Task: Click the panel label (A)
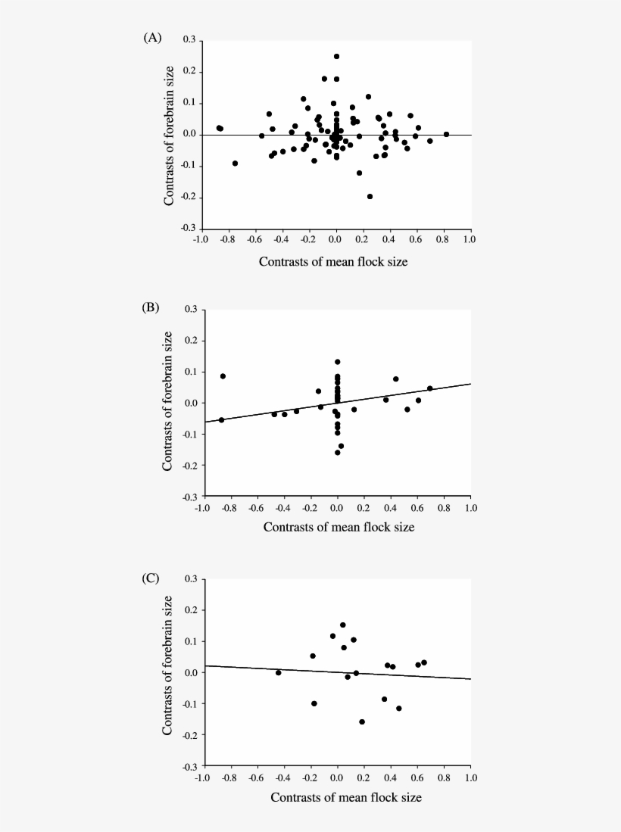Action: click(152, 38)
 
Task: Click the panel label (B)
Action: click(152, 307)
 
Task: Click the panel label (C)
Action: click(152, 578)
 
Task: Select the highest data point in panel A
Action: click(336, 56)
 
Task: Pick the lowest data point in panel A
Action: click(370, 196)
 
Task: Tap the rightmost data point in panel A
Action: click(446, 134)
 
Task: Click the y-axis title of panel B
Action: click(168, 401)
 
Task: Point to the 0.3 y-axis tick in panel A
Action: click(189, 40)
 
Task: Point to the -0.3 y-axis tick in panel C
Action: click(189, 766)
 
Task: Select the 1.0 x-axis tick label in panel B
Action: click(470, 509)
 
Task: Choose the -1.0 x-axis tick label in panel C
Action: click(202, 779)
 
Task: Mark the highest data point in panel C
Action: click(342, 625)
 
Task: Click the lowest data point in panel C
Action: click(362, 721)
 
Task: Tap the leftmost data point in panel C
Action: click(279, 672)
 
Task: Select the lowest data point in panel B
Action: click(337, 452)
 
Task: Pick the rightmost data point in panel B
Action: click(429, 388)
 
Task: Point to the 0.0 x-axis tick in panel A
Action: click(335, 240)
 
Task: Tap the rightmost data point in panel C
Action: click(424, 662)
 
